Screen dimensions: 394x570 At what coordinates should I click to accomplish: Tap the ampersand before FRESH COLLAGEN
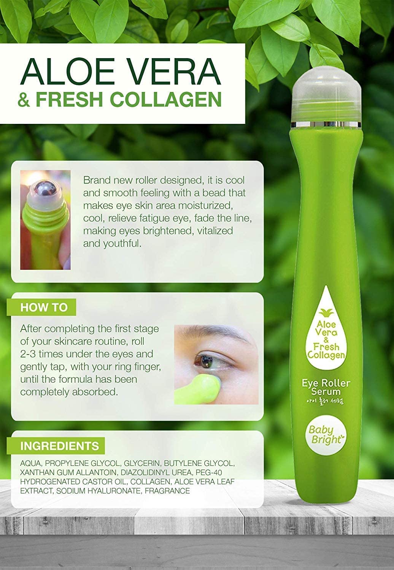click(24, 99)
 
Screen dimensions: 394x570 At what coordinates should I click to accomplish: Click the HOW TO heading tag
click(41, 307)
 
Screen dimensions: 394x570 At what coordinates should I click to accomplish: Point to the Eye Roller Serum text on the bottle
click(326, 387)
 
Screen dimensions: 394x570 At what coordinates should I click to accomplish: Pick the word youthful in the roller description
click(122, 244)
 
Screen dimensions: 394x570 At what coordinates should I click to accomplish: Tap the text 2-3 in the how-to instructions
click(28, 354)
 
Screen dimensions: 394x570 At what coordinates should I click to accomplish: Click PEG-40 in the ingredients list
click(209, 473)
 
